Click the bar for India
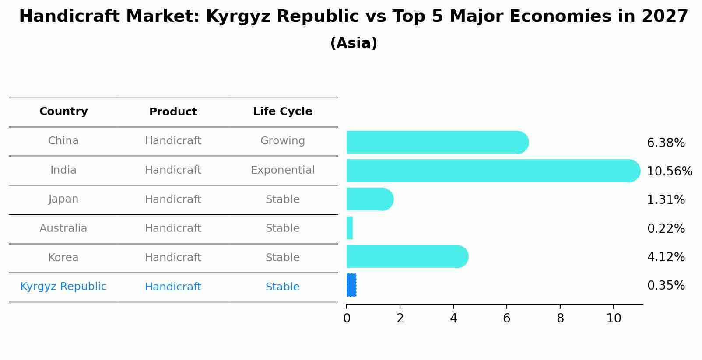(492, 171)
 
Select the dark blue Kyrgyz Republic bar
(351, 285)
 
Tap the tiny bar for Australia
(350, 228)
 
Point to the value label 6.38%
(666, 143)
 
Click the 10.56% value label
(669, 171)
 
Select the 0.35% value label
(666, 286)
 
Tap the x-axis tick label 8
(560, 318)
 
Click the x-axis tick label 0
(347, 318)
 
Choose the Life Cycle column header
(282, 112)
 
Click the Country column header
(63, 112)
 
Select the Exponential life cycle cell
(282, 170)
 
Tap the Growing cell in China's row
(282, 141)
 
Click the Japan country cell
(63, 199)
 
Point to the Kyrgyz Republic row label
(63, 287)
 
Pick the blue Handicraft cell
(173, 287)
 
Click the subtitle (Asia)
(353, 43)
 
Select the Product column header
(173, 112)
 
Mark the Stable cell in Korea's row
(282, 258)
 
